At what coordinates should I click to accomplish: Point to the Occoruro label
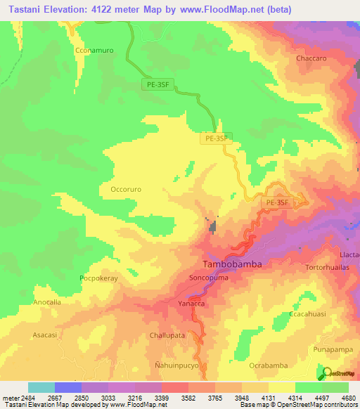point(129,189)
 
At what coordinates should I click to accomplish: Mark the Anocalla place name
point(48,301)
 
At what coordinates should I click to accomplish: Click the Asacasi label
point(46,336)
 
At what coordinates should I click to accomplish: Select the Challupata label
point(167,336)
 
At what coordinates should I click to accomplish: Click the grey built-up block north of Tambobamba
point(211,226)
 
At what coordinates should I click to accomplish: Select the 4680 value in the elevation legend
point(348,398)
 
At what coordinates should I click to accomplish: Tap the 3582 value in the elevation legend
point(188,398)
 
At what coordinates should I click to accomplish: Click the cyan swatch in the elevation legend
point(41,387)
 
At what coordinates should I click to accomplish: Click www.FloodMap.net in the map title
point(221,10)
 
